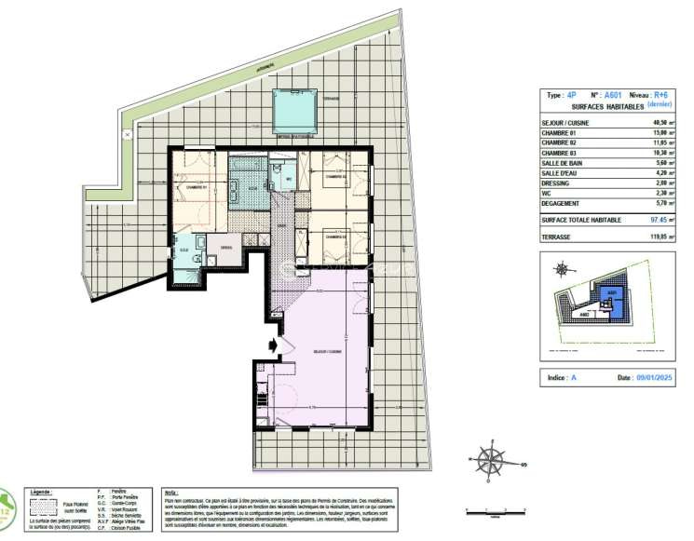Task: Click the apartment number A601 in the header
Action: (611, 95)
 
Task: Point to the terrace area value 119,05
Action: (660, 238)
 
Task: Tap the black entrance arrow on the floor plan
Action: (272, 345)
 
